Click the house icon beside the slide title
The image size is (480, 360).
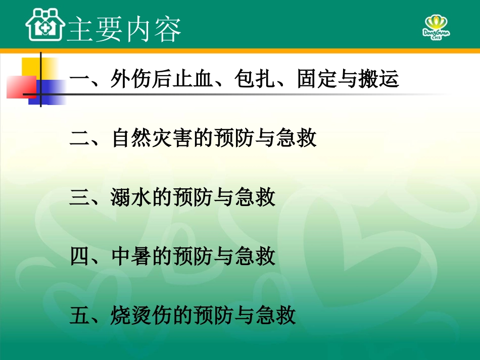[x=45, y=25]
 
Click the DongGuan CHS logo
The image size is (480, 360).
[x=436, y=28]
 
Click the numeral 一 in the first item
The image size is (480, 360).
[x=79, y=80]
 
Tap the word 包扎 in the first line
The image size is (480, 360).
[x=256, y=79]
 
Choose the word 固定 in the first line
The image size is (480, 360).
[x=318, y=79]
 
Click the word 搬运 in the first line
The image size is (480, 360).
[x=379, y=79]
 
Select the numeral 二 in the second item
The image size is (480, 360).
[x=79, y=138]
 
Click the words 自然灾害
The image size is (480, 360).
[x=152, y=138]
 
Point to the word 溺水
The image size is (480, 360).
[x=131, y=197]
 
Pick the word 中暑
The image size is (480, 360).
[x=131, y=256]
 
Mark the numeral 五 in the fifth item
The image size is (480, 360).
[x=79, y=316]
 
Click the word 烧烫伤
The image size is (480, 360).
[x=141, y=315]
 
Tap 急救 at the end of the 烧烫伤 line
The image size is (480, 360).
[x=275, y=315]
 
